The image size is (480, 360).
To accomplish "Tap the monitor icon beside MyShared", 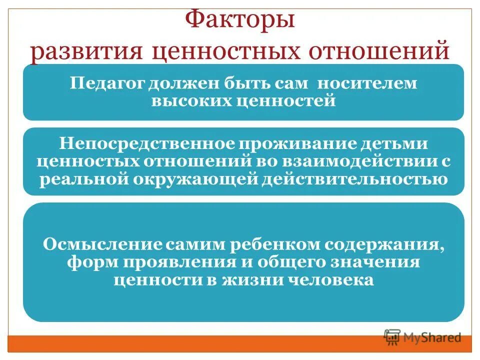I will (x=392, y=337).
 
